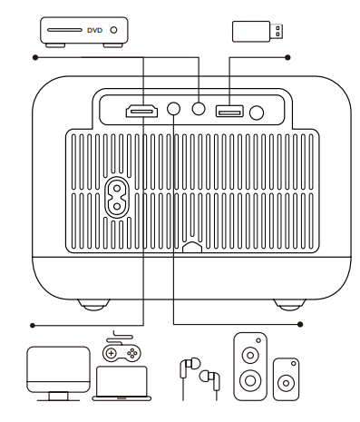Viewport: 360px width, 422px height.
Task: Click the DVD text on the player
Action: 94,30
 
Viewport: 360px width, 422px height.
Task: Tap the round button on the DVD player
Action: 113,30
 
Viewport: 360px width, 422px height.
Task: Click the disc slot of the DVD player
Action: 64,30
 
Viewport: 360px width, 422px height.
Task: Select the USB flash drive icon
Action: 258,31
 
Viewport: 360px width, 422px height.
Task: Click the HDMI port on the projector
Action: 141,111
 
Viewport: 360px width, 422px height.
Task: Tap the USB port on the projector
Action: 229,112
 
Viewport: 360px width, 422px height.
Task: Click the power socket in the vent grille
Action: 117,197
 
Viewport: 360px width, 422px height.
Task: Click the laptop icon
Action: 122,383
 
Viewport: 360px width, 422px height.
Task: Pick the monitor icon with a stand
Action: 58,374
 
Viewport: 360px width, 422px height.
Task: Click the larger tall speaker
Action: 250,367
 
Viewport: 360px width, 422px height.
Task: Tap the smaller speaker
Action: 286,379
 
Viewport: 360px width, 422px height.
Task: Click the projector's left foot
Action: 93,305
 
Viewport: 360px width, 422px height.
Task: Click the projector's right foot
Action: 289,305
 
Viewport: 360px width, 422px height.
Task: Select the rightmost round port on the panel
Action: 257,113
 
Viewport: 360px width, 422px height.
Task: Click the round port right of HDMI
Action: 173,109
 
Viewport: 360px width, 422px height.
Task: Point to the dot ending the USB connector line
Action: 287,57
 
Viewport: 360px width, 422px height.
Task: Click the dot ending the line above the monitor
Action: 33,326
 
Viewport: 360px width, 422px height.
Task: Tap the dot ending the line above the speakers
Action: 300,324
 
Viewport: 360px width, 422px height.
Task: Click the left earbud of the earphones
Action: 189,367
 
